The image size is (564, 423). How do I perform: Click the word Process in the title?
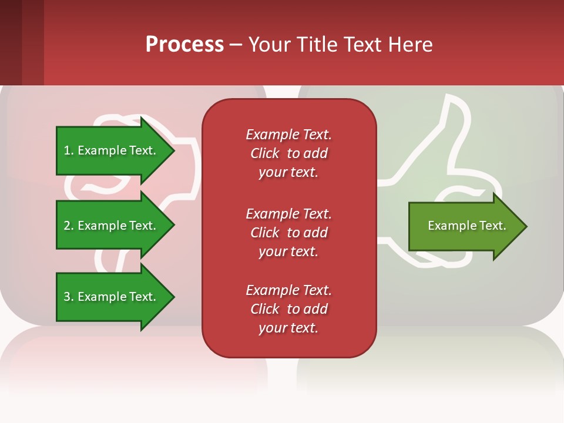[x=184, y=45]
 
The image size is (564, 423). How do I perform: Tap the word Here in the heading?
[x=411, y=45]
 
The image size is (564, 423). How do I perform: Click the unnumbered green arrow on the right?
[x=464, y=226]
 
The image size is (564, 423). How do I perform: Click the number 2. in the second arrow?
[x=68, y=226]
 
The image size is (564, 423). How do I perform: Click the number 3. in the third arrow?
[x=68, y=297]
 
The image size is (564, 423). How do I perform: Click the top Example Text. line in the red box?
[x=288, y=135]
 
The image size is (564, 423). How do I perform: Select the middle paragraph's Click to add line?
[x=288, y=233]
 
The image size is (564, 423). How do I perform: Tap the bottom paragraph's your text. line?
[x=288, y=328]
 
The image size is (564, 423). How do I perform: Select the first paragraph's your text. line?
[x=288, y=172]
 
